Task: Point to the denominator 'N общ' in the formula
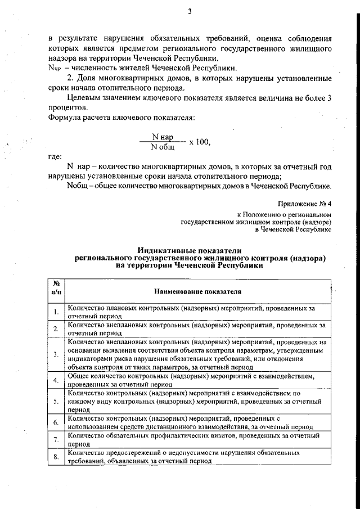tap(163, 147)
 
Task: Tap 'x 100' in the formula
tap(200, 142)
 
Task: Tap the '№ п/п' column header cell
tap(57, 288)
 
